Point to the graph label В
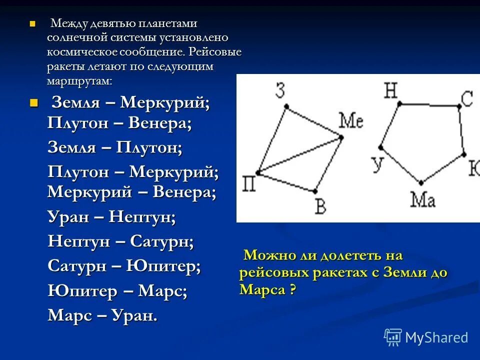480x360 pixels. [x=321, y=205]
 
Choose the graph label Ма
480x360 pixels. [x=423, y=199]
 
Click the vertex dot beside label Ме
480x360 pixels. [x=341, y=136]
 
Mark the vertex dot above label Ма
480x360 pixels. [x=421, y=183]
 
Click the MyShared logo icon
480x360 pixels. [x=393, y=337]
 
